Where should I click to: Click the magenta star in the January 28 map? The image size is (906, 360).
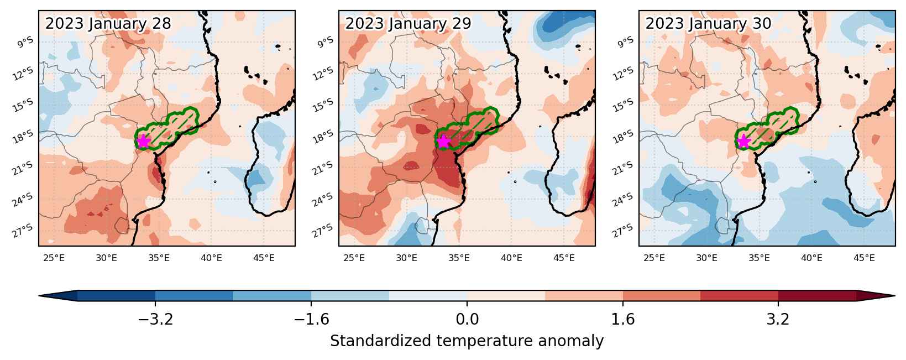click(144, 141)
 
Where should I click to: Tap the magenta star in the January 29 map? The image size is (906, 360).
click(444, 141)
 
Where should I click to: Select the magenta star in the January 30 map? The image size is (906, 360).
click(743, 141)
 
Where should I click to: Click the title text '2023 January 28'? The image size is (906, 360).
click(108, 24)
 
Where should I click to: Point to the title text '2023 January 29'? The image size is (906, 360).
click(408, 24)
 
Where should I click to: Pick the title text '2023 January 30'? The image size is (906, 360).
click(708, 24)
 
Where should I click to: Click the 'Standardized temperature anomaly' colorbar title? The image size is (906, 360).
click(467, 341)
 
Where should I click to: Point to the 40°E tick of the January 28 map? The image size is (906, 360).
click(211, 258)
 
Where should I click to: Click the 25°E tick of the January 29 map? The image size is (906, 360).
click(354, 258)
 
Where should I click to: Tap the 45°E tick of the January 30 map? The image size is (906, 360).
click(864, 258)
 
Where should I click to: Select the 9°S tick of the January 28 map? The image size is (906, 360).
click(25, 42)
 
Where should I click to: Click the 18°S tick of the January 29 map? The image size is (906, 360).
click(323, 137)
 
